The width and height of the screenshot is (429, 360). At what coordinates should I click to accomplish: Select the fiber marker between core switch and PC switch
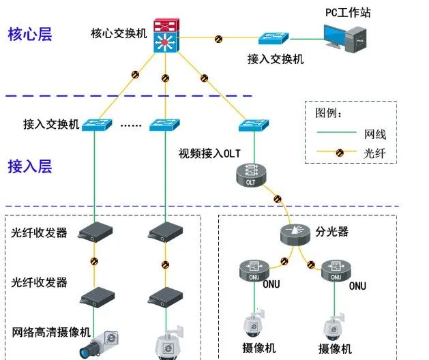click(218, 39)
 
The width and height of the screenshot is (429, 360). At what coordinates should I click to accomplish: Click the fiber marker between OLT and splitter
click(277, 200)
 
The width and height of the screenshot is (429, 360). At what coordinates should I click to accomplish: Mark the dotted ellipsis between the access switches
click(130, 125)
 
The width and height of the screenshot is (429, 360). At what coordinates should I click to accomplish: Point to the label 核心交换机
click(119, 33)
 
